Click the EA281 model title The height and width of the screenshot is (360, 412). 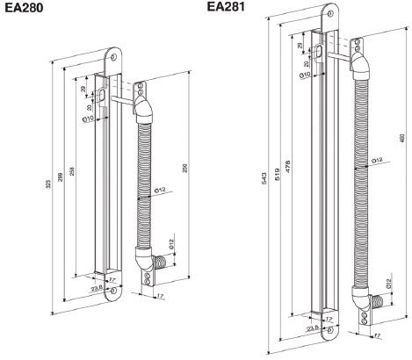tap(226, 7)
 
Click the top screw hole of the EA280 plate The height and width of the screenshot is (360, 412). tap(114, 54)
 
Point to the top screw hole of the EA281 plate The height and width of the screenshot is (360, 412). tap(329, 15)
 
